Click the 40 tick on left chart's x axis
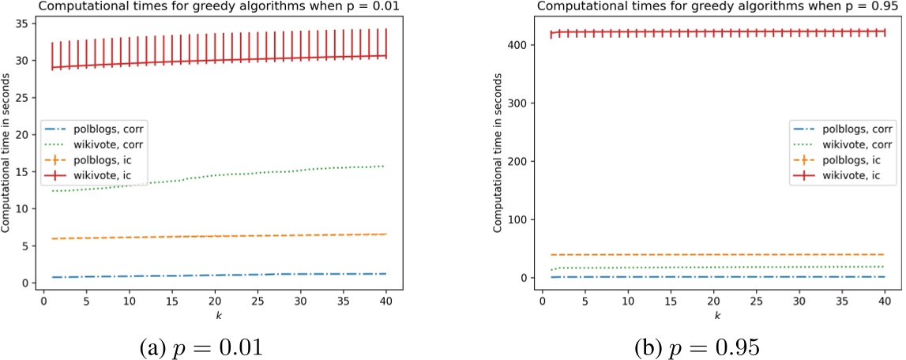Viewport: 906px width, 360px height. pyautogui.click(x=386, y=302)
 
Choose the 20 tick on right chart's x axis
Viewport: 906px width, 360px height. pyautogui.click(x=713, y=302)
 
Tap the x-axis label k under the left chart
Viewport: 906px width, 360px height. pyautogui.click(x=216, y=315)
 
